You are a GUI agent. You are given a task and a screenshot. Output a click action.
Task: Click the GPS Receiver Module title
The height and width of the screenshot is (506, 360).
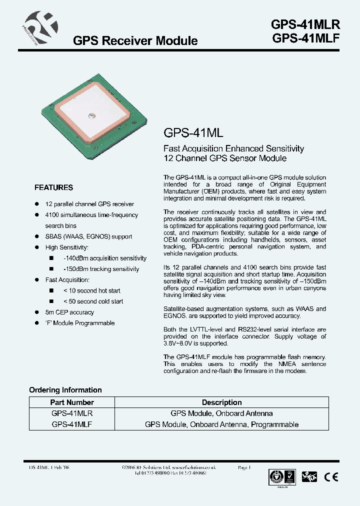pyautogui.click(x=135, y=41)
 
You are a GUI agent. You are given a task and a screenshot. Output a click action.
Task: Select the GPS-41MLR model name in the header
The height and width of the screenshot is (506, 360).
pyautogui.click(x=305, y=25)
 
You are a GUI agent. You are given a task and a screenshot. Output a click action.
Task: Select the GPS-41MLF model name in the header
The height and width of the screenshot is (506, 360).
pyautogui.click(x=305, y=39)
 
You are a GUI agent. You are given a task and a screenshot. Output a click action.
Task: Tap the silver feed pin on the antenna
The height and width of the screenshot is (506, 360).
pyautogui.click(x=91, y=116)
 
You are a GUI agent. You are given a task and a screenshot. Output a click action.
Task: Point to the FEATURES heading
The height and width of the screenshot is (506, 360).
pyautogui.click(x=53, y=188)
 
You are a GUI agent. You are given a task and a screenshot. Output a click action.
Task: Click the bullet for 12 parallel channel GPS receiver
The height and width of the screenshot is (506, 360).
pyautogui.click(x=36, y=204)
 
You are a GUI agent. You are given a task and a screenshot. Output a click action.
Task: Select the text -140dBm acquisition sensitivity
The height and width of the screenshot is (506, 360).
pyautogui.click(x=105, y=258)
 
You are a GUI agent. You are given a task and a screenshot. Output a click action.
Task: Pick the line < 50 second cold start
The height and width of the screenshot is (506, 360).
pyautogui.click(x=93, y=301)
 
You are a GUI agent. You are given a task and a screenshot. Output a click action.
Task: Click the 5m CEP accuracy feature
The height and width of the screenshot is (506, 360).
pyautogui.click(x=69, y=312)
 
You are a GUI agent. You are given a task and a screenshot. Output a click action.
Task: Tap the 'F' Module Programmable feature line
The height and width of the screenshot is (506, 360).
pyautogui.click(x=80, y=323)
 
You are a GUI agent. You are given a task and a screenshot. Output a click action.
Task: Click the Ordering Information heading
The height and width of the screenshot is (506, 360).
pyautogui.click(x=65, y=390)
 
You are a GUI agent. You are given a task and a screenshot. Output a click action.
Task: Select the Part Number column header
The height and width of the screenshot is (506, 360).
pyautogui.click(x=72, y=402)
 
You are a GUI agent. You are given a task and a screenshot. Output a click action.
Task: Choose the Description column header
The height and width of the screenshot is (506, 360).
pyautogui.click(x=221, y=402)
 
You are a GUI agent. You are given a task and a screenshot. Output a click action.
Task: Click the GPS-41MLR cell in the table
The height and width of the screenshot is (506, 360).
pyautogui.click(x=72, y=413)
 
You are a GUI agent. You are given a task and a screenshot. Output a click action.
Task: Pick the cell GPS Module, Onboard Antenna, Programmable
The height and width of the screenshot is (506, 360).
pyautogui.click(x=221, y=424)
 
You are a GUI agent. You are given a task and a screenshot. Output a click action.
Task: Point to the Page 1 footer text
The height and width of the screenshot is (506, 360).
pyautogui.click(x=244, y=467)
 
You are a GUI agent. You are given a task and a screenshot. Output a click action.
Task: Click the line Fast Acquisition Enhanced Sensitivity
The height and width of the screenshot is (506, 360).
pyautogui.click(x=233, y=148)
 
